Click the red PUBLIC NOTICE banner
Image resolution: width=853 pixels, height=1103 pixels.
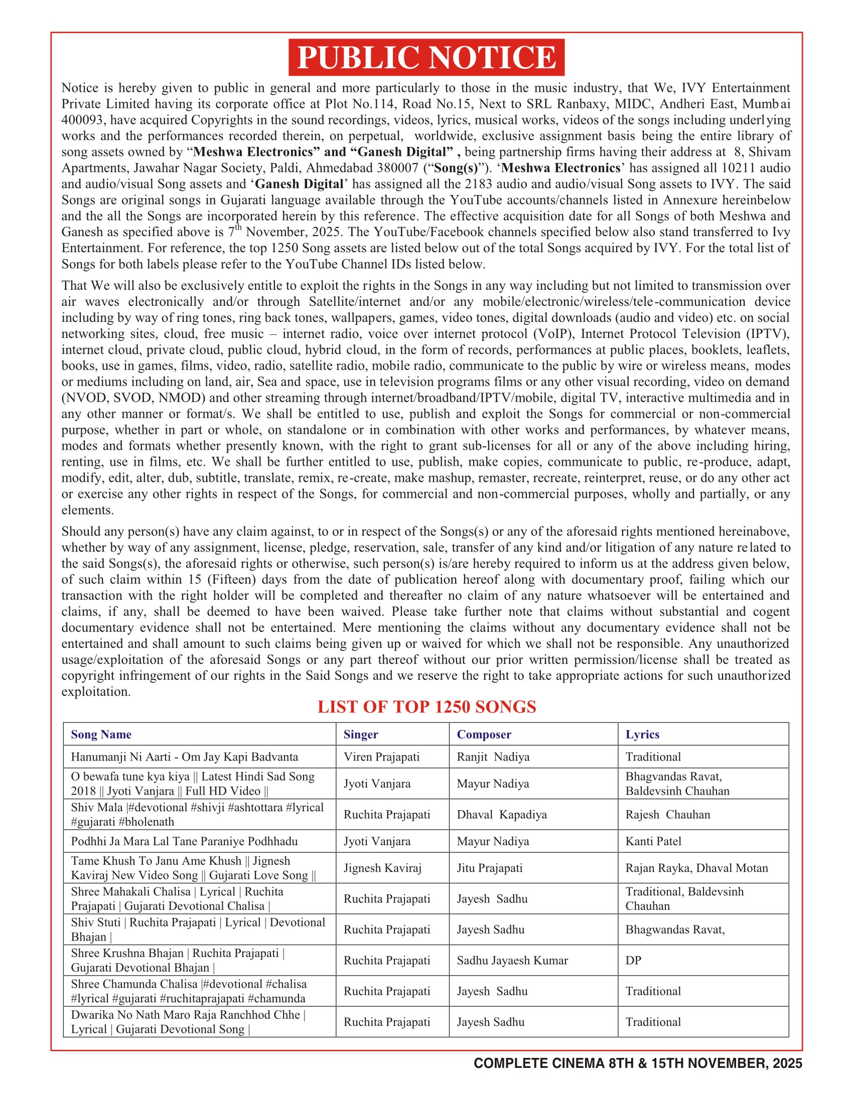pyautogui.click(x=426, y=57)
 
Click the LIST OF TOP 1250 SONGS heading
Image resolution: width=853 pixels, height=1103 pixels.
pyautogui.click(x=426, y=706)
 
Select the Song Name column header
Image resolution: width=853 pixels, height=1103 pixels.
pyautogui.click(x=101, y=734)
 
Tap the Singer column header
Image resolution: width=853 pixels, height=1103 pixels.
pyautogui.click(x=361, y=734)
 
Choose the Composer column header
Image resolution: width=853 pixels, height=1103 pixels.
pyautogui.click(x=484, y=734)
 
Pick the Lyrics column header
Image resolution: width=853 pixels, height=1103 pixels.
pyautogui.click(x=642, y=734)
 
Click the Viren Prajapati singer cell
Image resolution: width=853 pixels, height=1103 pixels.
pyautogui.click(x=381, y=757)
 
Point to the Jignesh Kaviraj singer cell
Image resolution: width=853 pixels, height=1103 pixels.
pyautogui.click(x=382, y=868)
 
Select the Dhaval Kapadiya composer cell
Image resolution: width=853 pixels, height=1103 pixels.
pyautogui.click(x=502, y=814)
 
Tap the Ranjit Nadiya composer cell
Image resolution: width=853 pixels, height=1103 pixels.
pyautogui.click(x=493, y=757)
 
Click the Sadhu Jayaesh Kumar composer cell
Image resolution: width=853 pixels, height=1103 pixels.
pyautogui.click(x=512, y=960)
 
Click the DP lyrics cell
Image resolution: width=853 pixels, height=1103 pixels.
pyautogui.click(x=633, y=960)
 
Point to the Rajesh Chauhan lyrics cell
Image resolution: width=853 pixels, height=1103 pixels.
pyautogui.click(x=667, y=814)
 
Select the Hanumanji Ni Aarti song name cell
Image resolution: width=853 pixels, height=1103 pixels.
pyautogui.click(x=185, y=757)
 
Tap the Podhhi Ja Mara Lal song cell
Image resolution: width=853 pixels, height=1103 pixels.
pyautogui.click(x=185, y=841)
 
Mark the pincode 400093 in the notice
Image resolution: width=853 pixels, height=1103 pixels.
pyautogui.click(x=83, y=120)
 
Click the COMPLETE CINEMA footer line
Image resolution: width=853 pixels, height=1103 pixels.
pyautogui.click(x=638, y=1063)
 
